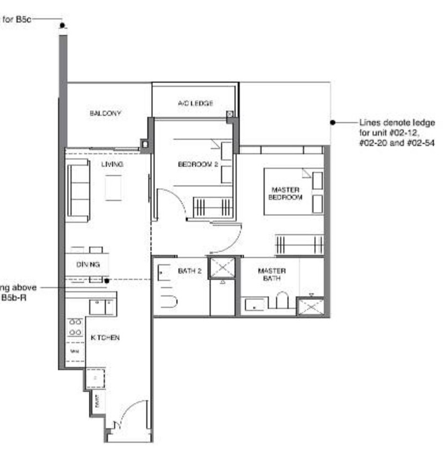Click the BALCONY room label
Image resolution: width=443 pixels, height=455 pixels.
[x=105, y=113]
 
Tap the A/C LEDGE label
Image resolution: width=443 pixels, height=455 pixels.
[x=195, y=103]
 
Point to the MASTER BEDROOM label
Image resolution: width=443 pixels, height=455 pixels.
[x=285, y=193]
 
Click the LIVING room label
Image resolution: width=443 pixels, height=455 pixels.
[x=111, y=164]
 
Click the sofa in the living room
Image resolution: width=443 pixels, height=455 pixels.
[x=78, y=190]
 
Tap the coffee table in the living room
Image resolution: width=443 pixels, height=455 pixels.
[x=114, y=187]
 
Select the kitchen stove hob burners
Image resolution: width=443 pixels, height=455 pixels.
[x=75, y=327]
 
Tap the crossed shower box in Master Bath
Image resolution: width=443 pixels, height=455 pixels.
[x=310, y=306]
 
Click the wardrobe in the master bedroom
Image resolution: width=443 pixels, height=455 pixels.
[x=299, y=244]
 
